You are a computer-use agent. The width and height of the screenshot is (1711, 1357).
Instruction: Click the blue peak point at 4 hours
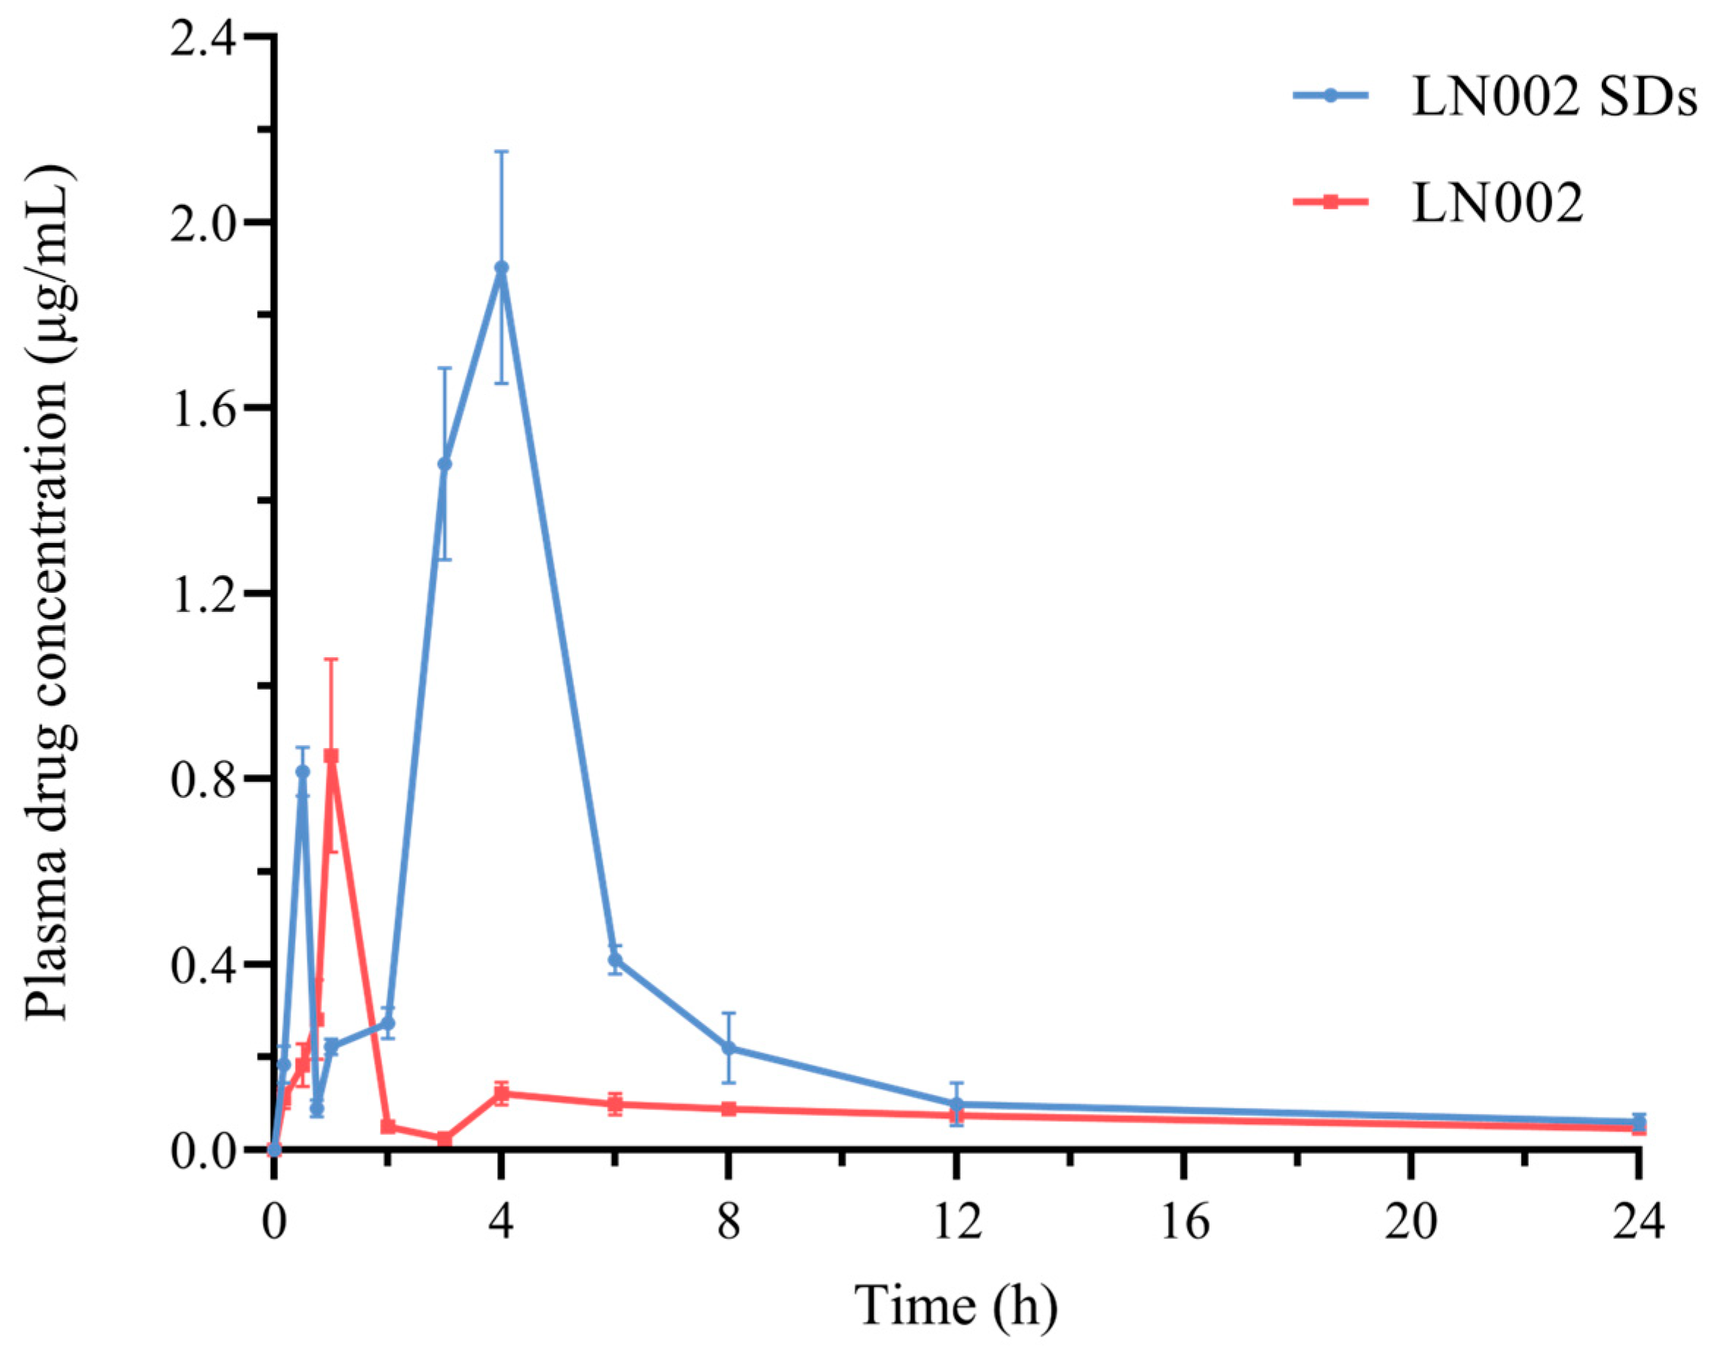(x=501, y=267)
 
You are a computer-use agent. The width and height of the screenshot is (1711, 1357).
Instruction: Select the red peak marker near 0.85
(x=331, y=755)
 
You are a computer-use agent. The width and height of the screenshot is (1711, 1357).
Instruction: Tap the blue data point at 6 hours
(x=615, y=960)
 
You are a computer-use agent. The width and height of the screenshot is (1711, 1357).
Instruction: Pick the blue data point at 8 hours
(x=728, y=1047)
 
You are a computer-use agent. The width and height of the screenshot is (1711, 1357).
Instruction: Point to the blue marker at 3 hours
(x=444, y=463)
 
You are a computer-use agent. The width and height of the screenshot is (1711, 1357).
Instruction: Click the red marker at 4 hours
(x=501, y=1094)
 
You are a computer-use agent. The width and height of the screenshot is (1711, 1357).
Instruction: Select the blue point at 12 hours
(x=956, y=1104)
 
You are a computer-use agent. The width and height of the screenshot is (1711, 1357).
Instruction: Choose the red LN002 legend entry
(x=1496, y=202)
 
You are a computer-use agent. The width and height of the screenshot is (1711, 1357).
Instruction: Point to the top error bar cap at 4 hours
(x=501, y=152)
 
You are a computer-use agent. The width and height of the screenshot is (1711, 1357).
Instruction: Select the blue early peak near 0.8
(x=302, y=771)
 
